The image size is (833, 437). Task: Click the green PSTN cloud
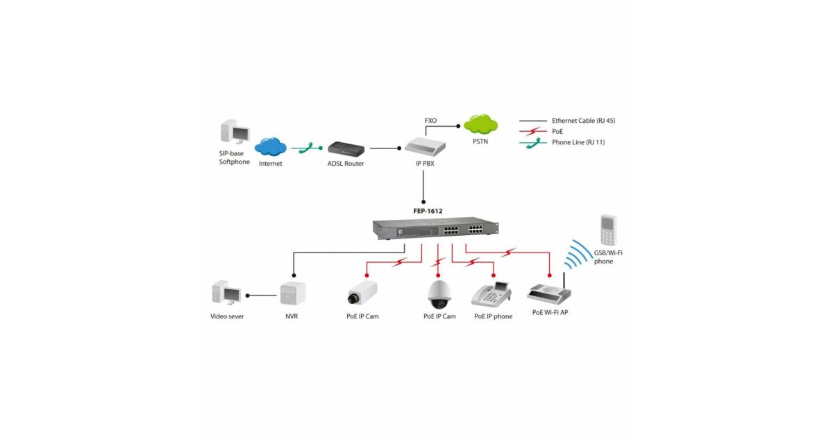(x=481, y=125)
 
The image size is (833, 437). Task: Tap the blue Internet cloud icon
(x=270, y=146)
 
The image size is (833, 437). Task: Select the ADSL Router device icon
(x=345, y=148)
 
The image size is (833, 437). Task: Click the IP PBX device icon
(x=424, y=146)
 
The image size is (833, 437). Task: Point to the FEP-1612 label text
(x=423, y=210)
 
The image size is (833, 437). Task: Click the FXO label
(x=430, y=121)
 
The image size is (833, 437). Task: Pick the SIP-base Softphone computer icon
(x=233, y=133)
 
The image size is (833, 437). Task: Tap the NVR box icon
(x=292, y=294)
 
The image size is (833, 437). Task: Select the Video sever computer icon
(x=226, y=293)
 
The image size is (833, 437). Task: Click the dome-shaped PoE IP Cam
(x=439, y=295)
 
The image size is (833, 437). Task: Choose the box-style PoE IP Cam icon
(x=362, y=293)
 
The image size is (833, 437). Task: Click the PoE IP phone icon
(x=491, y=294)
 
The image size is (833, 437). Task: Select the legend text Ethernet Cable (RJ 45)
(x=583, y=121)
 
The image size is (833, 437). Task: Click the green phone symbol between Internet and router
(x=308, y=147)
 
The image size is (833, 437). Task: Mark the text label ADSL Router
(x=346, y=164)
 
